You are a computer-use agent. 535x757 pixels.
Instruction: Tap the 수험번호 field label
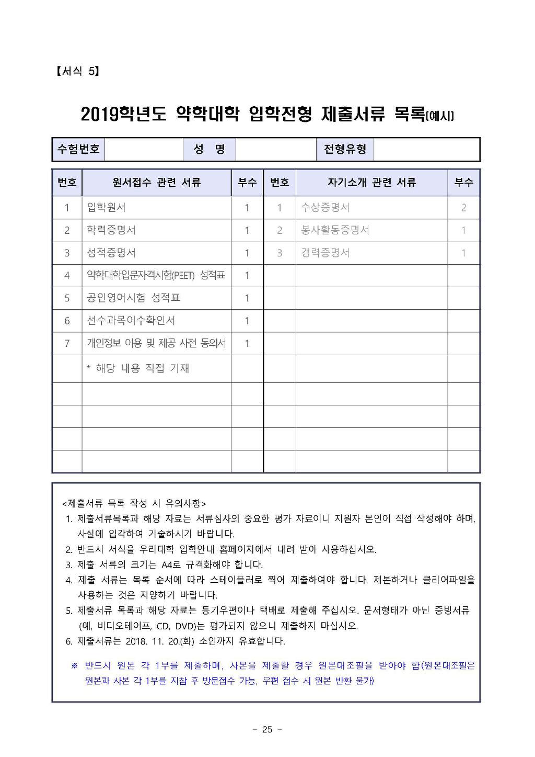78,149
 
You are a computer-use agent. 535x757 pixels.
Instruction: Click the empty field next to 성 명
276,149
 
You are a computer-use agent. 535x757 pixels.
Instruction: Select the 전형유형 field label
345,149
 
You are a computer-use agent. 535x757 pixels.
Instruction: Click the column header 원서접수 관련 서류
156,183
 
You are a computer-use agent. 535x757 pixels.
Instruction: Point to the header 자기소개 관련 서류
371,183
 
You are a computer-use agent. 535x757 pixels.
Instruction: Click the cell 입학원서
106,208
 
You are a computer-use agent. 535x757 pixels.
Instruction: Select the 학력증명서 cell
111,230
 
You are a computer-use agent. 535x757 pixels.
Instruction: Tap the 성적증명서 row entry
111,253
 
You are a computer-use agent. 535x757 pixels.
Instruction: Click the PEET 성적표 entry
156,275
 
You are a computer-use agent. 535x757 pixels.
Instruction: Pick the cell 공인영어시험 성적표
133,298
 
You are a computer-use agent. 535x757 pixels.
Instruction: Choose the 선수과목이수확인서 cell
131,320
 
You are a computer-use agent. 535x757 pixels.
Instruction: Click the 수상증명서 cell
325,208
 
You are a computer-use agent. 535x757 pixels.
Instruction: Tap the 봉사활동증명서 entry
335,230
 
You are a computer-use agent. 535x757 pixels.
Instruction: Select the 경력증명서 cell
325,253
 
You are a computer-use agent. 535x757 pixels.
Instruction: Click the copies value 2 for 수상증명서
463,208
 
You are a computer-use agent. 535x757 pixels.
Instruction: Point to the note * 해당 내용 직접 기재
138,368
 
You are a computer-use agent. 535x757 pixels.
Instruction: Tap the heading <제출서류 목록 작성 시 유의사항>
134,503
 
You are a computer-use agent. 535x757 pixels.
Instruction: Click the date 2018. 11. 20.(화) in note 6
160,641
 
